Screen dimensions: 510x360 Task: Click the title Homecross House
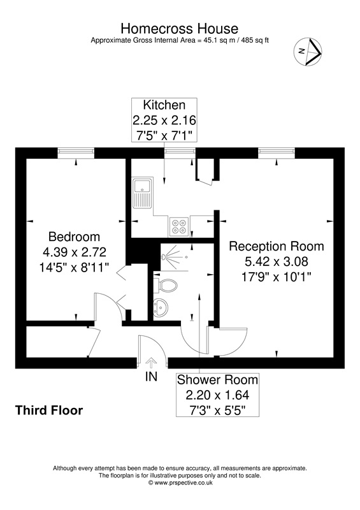tap(180, 29)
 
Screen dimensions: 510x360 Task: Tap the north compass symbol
tap(308, 51)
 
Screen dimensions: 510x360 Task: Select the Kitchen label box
tap(164, 120)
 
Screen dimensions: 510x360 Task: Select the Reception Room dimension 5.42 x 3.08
tap(276, 261)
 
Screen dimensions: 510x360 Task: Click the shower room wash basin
tap(161, 307)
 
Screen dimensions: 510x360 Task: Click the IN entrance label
tap(151, 377)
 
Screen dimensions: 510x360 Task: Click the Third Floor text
tap(49, 411)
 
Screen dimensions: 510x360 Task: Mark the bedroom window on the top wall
tap(76, 152)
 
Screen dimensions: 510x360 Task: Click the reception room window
tap(277, 152)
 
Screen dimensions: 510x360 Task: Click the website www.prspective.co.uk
tap(180, 483)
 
